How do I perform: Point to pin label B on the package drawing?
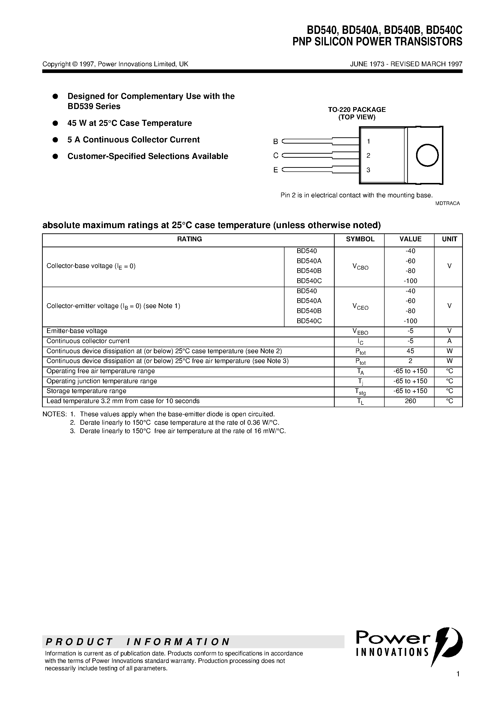click(x=276, y=142)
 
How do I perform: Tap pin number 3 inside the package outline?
click(x=369, y=170)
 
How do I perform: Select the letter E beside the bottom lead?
click(x=276, y=170)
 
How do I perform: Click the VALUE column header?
click(x=410, y=239)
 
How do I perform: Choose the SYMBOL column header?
click(x=360, y=239)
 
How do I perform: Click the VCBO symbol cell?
click(x=360, y=267)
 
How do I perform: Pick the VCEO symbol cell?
click(x=360, y=306)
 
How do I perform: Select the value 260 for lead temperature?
click(x=410, y=401)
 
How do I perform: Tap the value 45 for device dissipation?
click(x=410, y=351)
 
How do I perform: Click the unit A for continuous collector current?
click(x=449, y=341)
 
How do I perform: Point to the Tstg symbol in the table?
click(x=360, y=391)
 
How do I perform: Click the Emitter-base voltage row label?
click(x=77, y=331)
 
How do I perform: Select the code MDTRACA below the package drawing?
click(x=447, y=203)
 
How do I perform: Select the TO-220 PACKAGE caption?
click(x=357, y=109)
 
